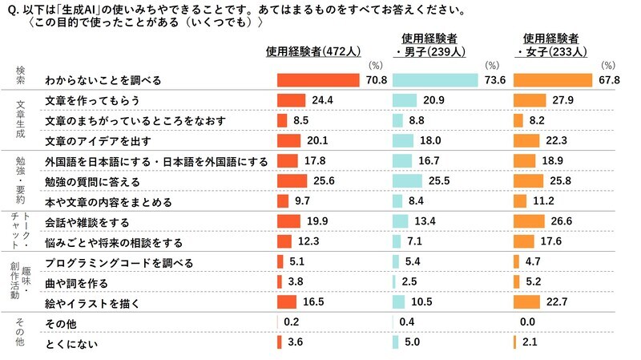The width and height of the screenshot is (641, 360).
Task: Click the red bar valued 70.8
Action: point(317,81)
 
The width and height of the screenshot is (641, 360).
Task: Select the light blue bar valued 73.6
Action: point(436,81)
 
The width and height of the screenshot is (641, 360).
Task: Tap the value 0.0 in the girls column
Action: point(526,324)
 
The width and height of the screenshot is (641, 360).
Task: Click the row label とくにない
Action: point(70,344)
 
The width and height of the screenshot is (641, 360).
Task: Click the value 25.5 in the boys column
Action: point(438,181)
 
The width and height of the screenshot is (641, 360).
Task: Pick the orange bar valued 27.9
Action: point(530,101)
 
